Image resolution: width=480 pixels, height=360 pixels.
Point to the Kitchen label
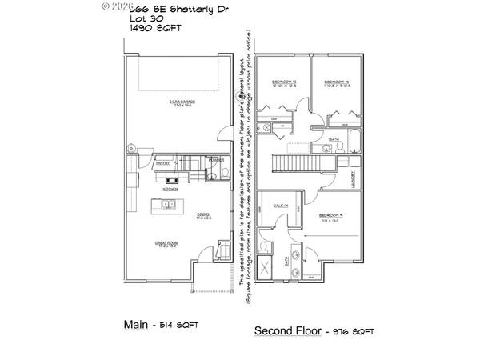coord(170,190)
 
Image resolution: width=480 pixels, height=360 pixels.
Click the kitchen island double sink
coord(170,205)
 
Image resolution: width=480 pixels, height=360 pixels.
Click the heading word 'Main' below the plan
coord(135,325)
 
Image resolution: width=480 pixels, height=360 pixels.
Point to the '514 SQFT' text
coord(178,326)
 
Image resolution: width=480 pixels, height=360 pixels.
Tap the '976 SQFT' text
coord(352,331)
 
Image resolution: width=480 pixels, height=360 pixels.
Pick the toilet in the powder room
coord(225,172)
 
